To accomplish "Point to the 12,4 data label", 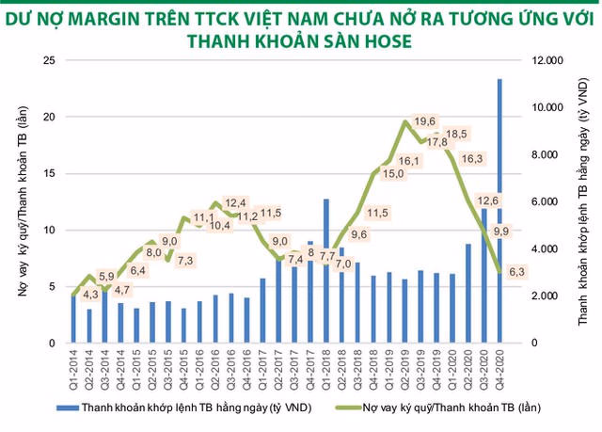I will pyautogui.click(x=235, y=202).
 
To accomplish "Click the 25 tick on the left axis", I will pyautogui.click(x=52, y=60).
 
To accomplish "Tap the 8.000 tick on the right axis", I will pyautogui.click(x=548, y=154).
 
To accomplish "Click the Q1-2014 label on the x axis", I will pyautogui.click(x=75, y=362).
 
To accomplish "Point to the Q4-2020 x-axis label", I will pyautogui.click(x=499, y=362).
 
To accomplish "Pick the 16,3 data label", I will pyautogui.click(x=472, y=158).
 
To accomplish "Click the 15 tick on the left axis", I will pyautogui.click(x=52, y=173).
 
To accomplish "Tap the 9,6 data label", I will pyautogui.click(x=357, y=234).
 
